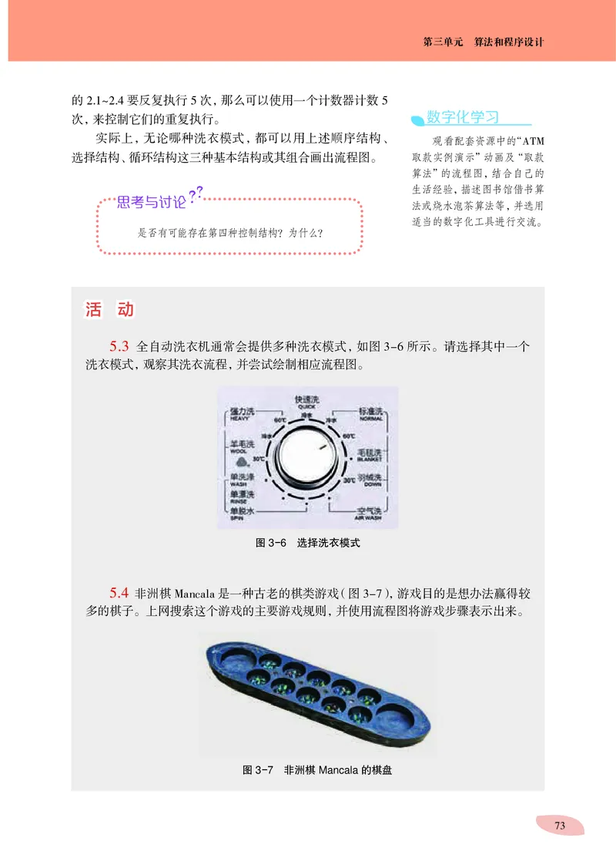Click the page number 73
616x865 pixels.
(x=560, y=825)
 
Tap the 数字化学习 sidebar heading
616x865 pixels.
(x=463, y=117)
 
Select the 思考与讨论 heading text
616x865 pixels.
(x=151, y=203)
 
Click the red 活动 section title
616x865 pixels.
(x=109, y=310)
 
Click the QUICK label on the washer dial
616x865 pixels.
(x=306, y=406)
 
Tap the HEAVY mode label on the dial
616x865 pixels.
(x=239, y=419)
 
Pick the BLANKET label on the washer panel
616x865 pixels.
(x=369, y=458)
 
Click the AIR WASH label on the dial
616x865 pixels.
(x=367, y=519)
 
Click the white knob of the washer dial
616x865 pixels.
(x=306, y=461)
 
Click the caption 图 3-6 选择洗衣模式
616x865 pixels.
(x=307, y=543)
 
